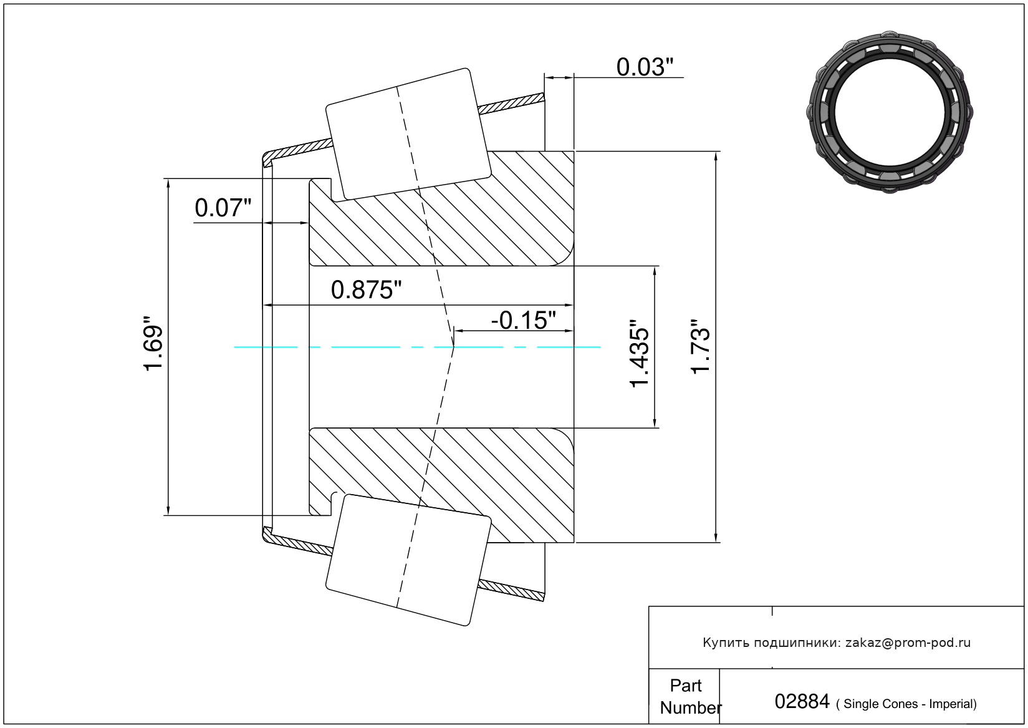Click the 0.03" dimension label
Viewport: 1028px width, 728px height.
(645, 67)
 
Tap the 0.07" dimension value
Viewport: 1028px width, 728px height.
(223, 208)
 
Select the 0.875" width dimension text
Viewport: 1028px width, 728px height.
(366, 290)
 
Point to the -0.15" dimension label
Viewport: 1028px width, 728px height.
(523, 320)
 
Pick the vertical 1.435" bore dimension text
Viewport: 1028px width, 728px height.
(639, 354)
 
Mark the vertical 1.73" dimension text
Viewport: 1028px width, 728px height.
(701, 346)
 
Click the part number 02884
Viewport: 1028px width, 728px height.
(802, 701)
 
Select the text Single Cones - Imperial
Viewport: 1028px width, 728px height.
(907, 704)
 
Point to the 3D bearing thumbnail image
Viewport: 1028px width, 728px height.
(890, 112)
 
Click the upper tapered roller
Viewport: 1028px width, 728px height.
(408, 134)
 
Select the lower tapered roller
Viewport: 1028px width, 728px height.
(408, 560)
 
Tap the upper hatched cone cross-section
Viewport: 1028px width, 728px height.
(441, 208)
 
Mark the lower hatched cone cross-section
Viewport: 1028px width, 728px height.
(441, 485)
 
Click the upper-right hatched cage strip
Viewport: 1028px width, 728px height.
(511, 104)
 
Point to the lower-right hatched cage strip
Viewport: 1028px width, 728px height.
(511, 590)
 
